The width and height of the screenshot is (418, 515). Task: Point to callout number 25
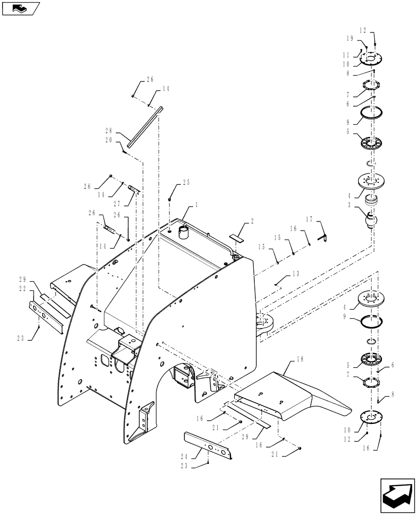click(186, 183)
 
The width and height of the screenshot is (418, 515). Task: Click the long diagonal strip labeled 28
click(144, 127)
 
